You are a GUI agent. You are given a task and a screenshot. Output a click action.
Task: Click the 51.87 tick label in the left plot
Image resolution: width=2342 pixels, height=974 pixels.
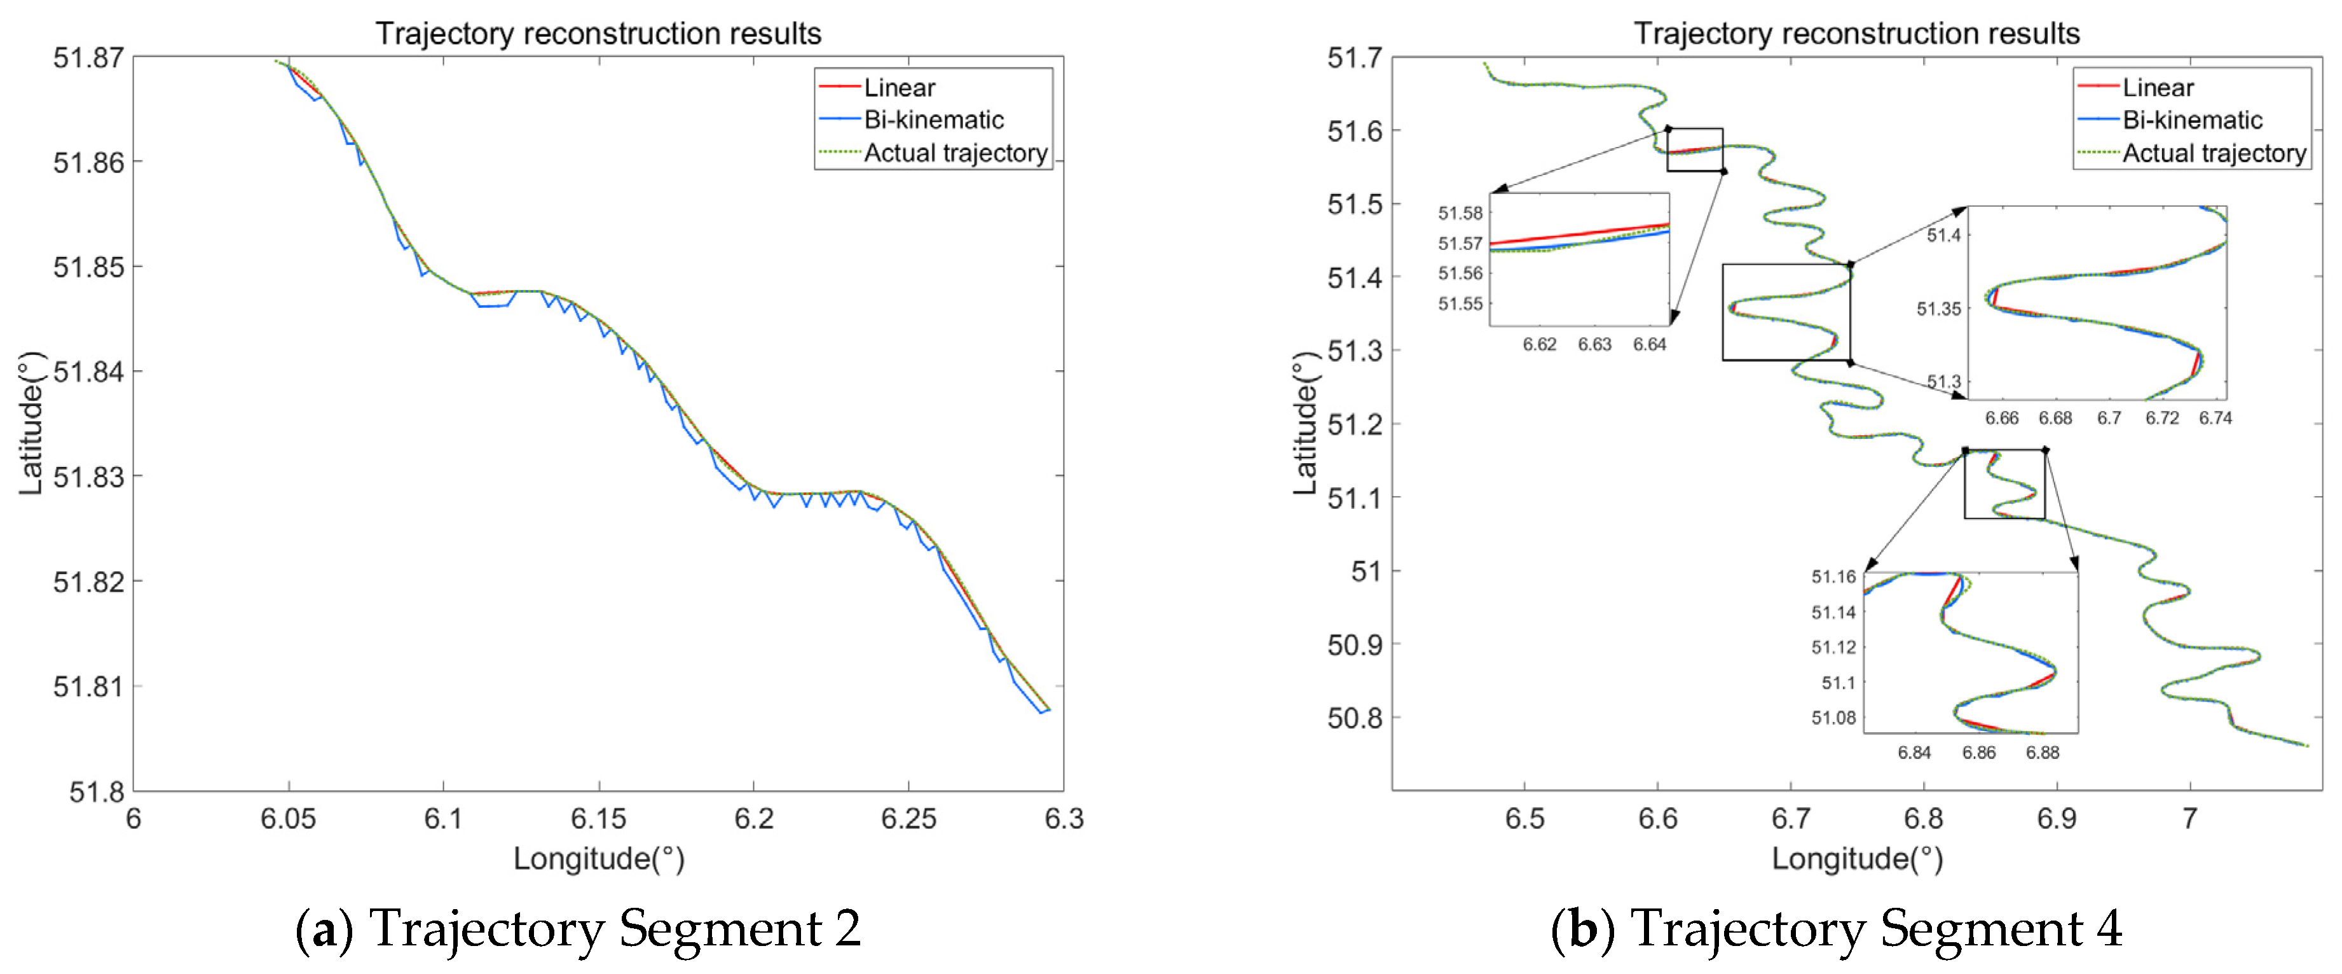click(x=88, y=58)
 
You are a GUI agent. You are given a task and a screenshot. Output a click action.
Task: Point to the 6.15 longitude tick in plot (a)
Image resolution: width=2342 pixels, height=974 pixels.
click(x=598, y=819)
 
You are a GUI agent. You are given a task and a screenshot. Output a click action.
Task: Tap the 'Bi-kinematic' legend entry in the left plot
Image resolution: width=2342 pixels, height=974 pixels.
click(x=933, y=120)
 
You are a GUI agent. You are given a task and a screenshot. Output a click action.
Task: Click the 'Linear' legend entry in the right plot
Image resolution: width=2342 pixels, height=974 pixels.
click(x=2158, y=88)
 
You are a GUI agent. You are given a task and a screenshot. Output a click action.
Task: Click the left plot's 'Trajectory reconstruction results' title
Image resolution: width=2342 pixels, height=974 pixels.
click(x=598, y=34)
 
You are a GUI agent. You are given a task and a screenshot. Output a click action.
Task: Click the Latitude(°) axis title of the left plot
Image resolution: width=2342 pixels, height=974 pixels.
click(x=31, y=423)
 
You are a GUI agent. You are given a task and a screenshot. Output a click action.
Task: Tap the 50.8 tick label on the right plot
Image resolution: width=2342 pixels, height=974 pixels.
click(x=1355, y=718)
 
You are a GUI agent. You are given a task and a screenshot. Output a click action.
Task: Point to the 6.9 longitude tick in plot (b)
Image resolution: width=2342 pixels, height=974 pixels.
click(x=2057, y=819)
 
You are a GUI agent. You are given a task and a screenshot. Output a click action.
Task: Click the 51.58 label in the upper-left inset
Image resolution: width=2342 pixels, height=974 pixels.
click(x=1460, y=213)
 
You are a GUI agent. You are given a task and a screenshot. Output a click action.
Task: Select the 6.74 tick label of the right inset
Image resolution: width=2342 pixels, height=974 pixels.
click(x=2215, y=419)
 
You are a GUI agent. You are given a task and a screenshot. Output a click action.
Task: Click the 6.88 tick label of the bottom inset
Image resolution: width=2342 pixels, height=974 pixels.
click(x=2043, y=753)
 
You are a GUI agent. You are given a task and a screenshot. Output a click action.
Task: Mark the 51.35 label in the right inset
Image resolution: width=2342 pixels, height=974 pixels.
click(x=1938, y=309)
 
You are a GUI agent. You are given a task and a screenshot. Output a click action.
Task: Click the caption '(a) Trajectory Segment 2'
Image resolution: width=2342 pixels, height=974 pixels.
click(x=579, y=929)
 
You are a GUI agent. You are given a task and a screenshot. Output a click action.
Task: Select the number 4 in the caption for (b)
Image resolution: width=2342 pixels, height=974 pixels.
click(x=2107, y=929)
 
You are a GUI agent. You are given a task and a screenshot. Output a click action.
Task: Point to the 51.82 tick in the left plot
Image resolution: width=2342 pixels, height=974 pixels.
click(x=88, y=581)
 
